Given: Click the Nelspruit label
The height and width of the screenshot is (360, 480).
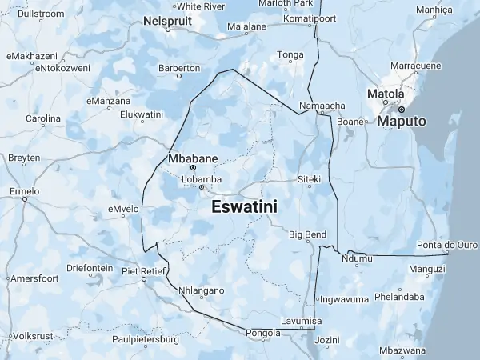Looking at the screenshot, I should point(168,22).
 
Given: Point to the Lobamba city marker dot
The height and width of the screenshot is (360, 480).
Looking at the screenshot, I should point(202,188).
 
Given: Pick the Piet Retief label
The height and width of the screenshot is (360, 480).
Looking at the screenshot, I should point(142,271).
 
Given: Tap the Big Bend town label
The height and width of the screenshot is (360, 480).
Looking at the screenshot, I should point(307,234).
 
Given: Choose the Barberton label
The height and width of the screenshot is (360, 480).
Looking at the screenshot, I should point(178,68).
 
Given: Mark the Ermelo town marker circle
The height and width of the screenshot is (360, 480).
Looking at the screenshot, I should point(25,200).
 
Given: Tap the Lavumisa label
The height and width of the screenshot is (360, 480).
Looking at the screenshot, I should point(299,321).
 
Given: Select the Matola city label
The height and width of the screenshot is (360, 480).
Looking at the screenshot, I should point(386,94).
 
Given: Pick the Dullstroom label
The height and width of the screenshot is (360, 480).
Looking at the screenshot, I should point(40,14).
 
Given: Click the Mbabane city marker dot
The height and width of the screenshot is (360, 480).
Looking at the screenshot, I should point(194,168).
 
